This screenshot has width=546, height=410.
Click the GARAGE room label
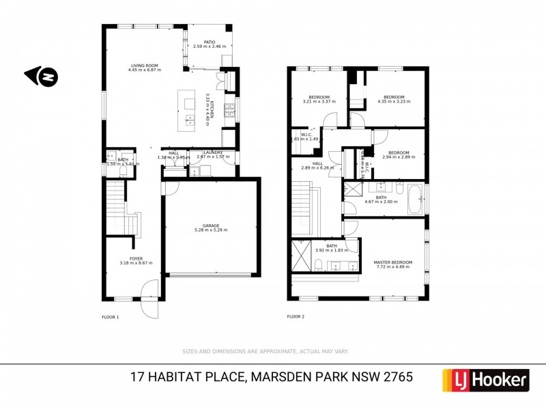point(210,225)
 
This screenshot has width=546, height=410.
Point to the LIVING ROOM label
point(144,66)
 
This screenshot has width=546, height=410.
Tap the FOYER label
point(136,258)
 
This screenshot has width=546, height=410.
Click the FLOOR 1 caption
point(111,317)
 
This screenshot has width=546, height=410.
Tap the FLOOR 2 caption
point(296,317)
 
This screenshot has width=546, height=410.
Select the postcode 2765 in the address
point(398,377)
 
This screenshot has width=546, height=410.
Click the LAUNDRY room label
point(213,152)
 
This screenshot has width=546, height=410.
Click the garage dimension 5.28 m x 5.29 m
point(210,230)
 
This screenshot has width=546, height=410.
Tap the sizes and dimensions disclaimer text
point(265,351)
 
